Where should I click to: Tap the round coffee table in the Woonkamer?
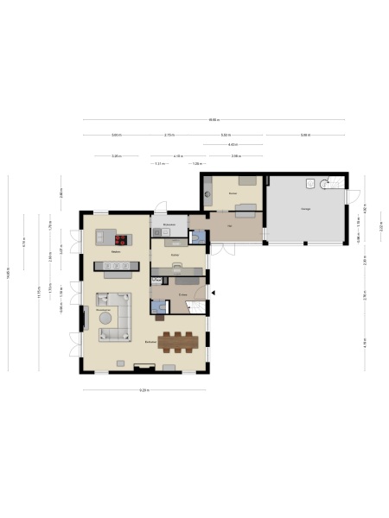point(106,317)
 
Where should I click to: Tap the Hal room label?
point(229,227)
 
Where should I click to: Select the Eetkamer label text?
point(150,342)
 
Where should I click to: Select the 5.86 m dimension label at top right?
point(304,136)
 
